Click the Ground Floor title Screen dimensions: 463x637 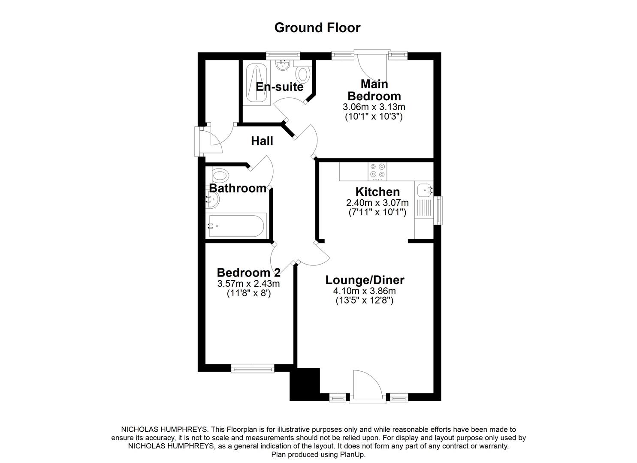pyautogui.click(x=317, y=27)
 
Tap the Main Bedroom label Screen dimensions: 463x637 pyautogui.click(x=374, y=90)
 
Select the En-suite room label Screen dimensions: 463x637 pyautogui.click(x=279, y=87)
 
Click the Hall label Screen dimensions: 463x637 pyautogui.click(x=262, y=141)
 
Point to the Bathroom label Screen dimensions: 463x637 pyautogui.click(x=238, y=188)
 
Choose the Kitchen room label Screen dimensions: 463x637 pyautogui.click(x=377, y=192)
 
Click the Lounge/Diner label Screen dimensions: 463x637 pyautogui.click(x=365, y=280)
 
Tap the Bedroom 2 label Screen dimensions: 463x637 pyautogui.click(x=248, y=273)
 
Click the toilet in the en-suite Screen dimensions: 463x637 pyautogui.click(x=304, y=75)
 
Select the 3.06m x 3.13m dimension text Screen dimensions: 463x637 pyautogui.click(x=374, y=107)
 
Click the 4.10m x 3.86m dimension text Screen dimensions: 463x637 pyautogui.click(x=364, y=291)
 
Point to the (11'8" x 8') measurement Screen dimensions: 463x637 pyautogui.click(x=248, y=294)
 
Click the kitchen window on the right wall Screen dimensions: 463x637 pyautogui.click(x=438, y=210)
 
